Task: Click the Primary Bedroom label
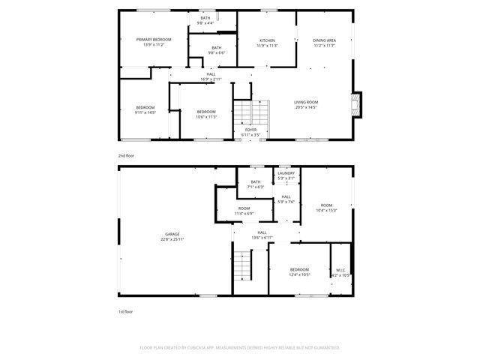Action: click(153, 39)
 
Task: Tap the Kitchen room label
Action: click(267, 40)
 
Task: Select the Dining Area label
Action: click(324, 40)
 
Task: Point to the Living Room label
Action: click(305, 102)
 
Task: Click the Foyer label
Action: click(250, 129)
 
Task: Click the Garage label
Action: click(172, 234)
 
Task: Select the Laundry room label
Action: click(286, 173)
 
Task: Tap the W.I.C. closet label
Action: click(340, 271)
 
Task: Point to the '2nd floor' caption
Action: click(125, 155)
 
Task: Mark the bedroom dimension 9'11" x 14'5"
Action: click(145, 112)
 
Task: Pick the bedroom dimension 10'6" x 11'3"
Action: click(206, 116)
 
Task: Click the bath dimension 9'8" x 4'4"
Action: click(205, 23)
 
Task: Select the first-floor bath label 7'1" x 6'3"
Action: click(256, 186)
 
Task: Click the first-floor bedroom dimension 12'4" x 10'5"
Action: click(299, 274)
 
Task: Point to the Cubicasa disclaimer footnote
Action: click(239, 347)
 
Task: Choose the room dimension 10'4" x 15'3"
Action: click(326, 209)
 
